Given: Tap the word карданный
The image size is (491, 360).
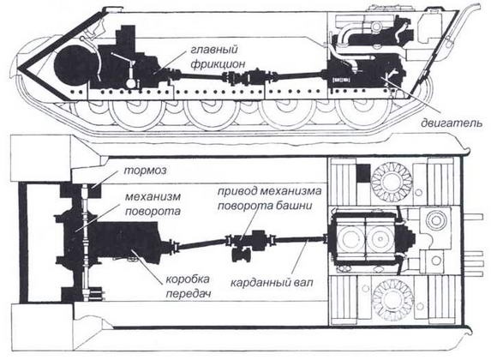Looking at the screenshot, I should click(260, 281).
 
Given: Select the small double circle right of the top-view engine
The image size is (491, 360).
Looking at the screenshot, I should click(436, 224).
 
